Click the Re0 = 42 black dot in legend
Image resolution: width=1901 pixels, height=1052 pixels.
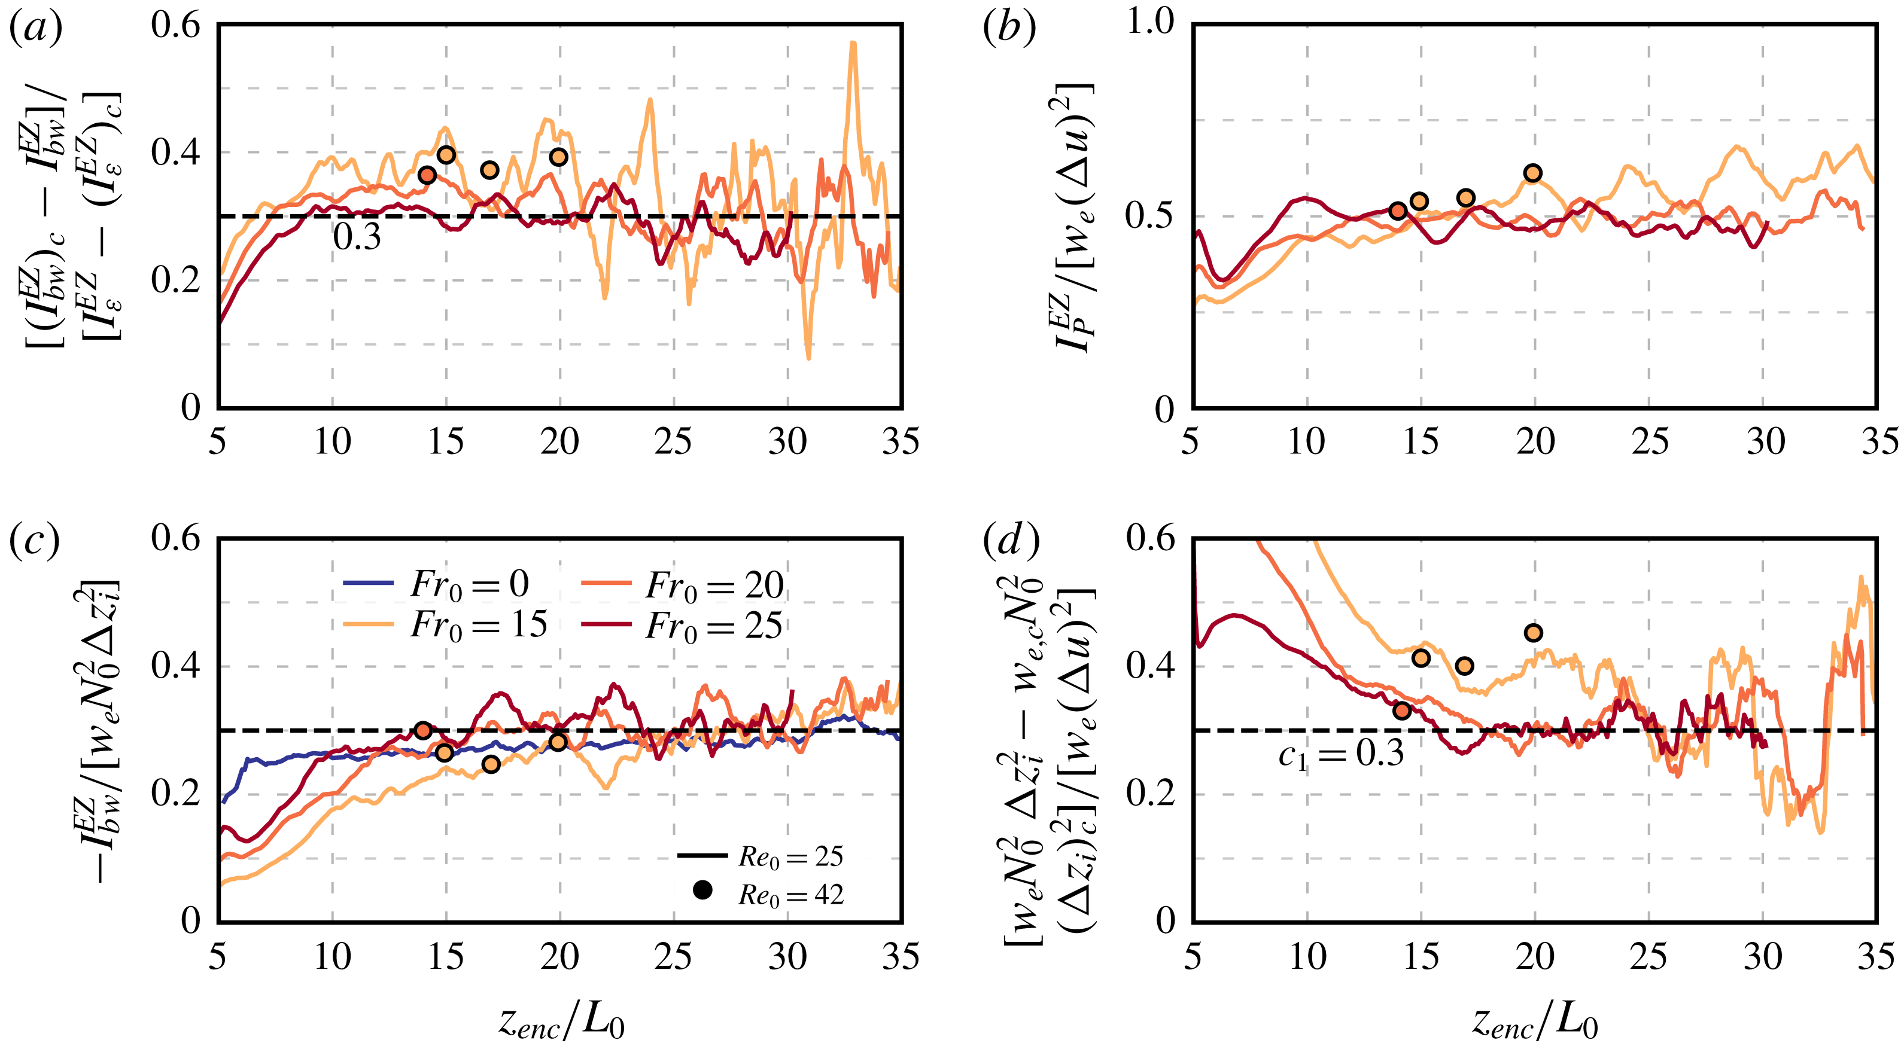click(x=702, y=891)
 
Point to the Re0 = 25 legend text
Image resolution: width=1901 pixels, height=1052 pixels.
click(x=790, y=856)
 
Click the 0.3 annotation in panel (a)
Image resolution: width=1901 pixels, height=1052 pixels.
click(x=357, y=237)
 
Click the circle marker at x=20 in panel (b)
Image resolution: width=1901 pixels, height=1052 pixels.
click(x=1533, y=173)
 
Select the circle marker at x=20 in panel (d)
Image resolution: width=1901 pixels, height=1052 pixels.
click(x=1534, y=633)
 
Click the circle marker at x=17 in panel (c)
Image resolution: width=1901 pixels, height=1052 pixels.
click(x=491, y=764)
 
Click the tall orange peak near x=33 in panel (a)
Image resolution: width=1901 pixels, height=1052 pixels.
click(x=853, y=44)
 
